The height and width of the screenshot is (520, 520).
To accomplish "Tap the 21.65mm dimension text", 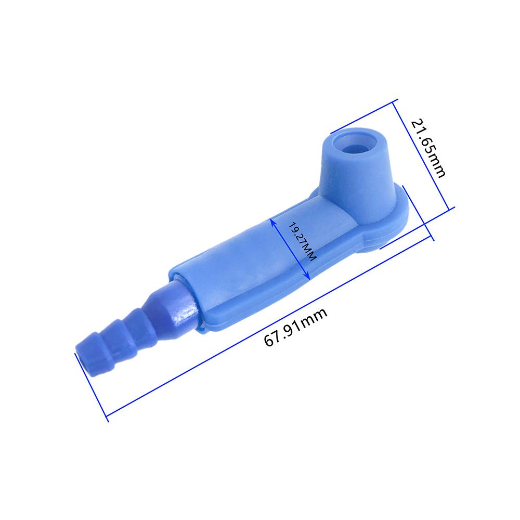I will [x=428, y=149].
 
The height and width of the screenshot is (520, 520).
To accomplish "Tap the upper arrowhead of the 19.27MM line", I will [x=272, y=220].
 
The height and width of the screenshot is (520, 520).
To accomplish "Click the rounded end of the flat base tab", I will [x=406, y=218].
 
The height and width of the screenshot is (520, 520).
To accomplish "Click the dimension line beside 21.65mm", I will [x=421, y=151].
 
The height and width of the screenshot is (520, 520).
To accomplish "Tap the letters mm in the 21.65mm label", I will [x=436, y=166].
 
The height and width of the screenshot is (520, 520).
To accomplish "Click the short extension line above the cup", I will [x=364, y=114].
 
